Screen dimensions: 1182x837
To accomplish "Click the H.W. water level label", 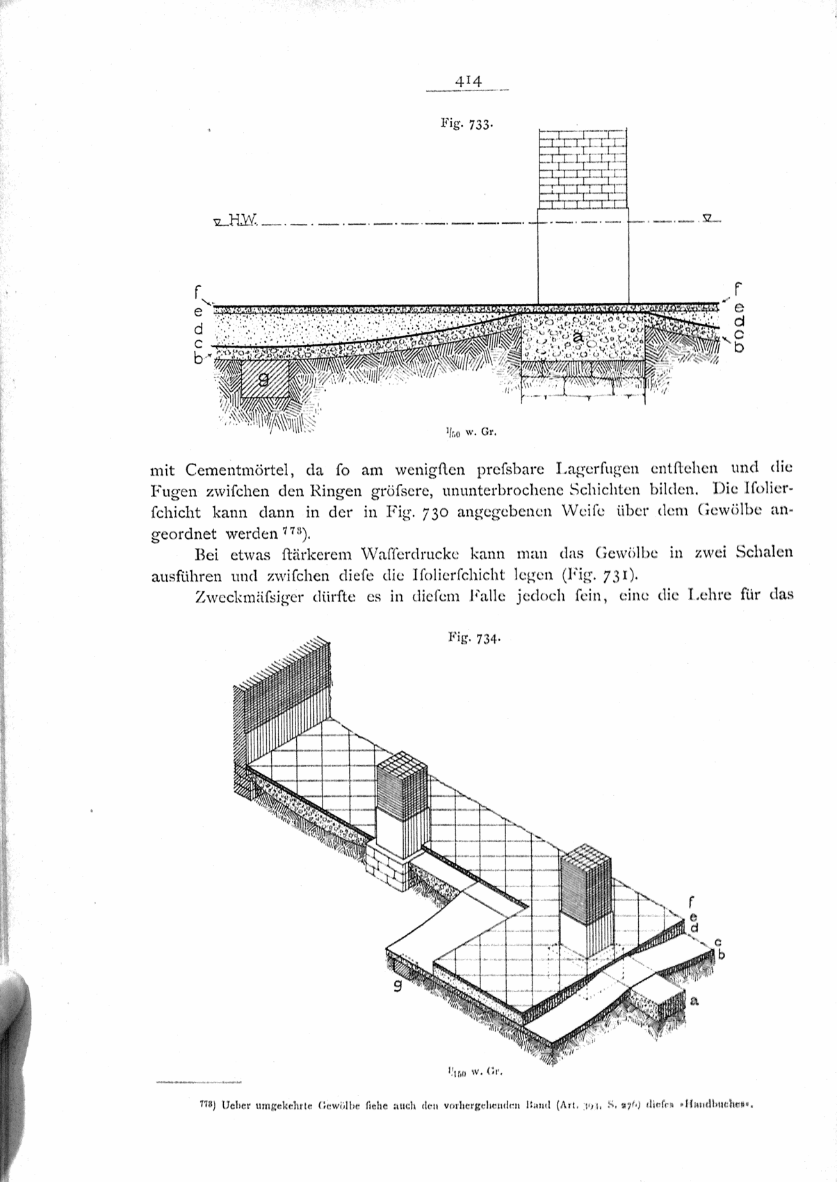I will (x=243, y=221).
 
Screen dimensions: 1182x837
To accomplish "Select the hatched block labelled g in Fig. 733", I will (x=265, y=378).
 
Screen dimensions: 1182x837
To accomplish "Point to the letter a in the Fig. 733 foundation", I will (x=577, y=337).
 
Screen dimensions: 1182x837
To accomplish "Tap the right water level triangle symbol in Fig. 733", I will (x=706, y=217).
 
